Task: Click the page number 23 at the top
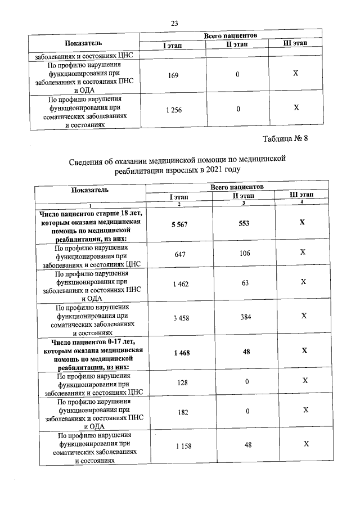pos(174,23)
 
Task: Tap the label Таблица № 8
pos(286,138)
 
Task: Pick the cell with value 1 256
pos(173,110)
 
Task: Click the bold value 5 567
pos(178,223)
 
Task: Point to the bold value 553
pos(244,223)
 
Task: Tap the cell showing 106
pos(244,253)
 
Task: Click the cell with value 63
pos(245,283)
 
